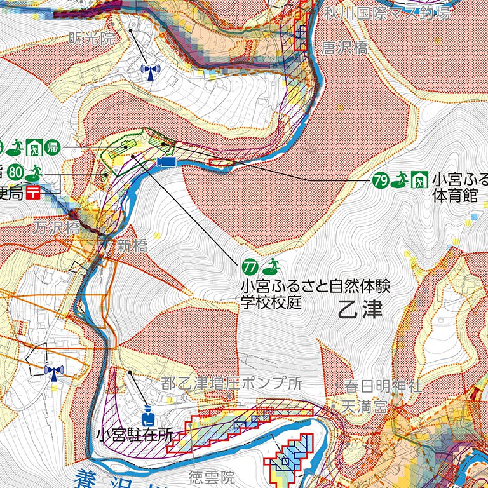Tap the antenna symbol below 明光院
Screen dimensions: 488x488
pyautogui.click(x=150, y=71)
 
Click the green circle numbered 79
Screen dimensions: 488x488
pyautogui.click(x=381, y=180)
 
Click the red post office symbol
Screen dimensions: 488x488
pyautogui.click(x=33, y=192)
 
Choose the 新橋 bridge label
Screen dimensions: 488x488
pyautogui.click(x=132, y=247)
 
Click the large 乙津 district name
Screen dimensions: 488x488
pyautogui.click(x=360, y=309)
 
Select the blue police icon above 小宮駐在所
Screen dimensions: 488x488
pyautogui.click(x=147, y=417)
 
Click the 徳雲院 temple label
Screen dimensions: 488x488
pyautogui.click(x=212, y=476)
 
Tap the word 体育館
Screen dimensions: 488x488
pyautogui.click(x=454, y=196)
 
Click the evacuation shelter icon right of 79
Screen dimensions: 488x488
pyautogui.click(x=419, y=180)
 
